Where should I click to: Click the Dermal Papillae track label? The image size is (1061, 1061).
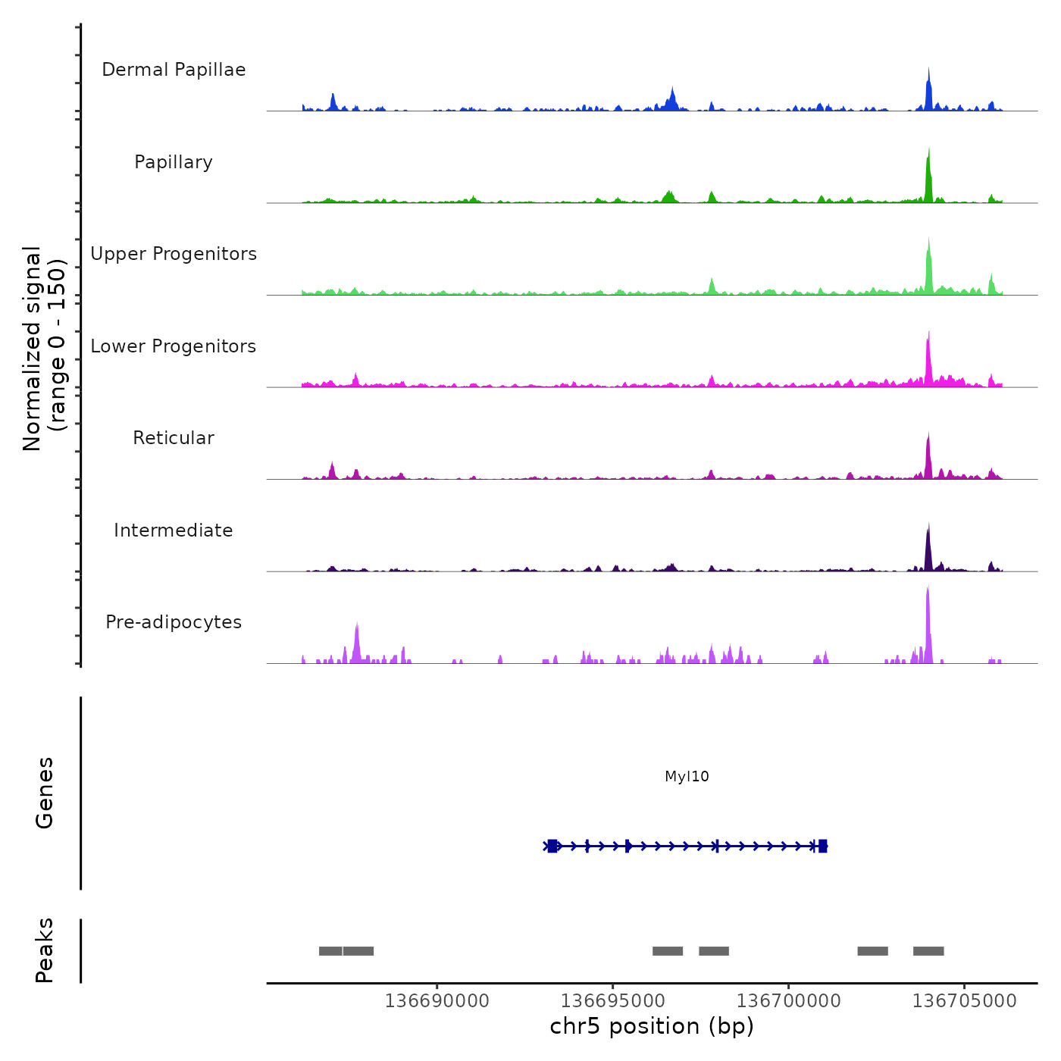[174, 70]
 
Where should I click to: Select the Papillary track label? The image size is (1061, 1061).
[174, 162]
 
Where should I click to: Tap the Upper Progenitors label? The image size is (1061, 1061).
[174, 254]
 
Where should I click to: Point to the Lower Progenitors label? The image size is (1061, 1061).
[174, 346]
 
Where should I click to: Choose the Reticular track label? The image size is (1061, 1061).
[174, 438]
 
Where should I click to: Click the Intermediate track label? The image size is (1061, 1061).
[174, 530]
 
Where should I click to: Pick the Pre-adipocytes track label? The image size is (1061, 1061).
[174, 622]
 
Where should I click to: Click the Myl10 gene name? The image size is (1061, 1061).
[687, 776]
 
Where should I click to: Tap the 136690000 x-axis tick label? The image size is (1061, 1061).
[437, 1001]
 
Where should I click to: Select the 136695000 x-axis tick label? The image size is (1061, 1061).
[613, 1001]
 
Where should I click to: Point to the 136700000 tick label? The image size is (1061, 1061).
[789, 1001]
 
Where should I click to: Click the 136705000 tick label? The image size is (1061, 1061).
[964, 1001]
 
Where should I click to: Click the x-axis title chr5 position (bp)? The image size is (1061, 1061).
[652, 1026]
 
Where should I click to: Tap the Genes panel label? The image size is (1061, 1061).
[45, 793]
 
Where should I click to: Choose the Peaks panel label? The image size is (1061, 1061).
[45, 950]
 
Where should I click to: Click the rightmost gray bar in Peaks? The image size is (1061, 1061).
[928, 951]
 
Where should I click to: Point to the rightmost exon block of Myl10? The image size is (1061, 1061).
[823, 846]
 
